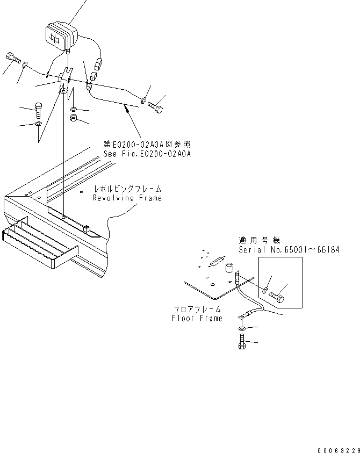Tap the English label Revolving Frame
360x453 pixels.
click(x=127, y=198)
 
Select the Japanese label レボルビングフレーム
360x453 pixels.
click(x=127, y=190)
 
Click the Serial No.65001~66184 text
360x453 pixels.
click(x=289, y=250)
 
